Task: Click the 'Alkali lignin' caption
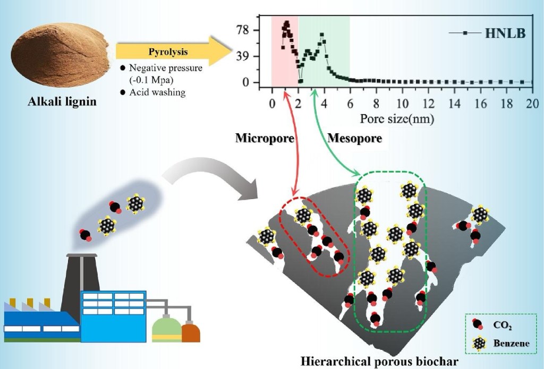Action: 62,100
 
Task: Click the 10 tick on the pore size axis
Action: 403,103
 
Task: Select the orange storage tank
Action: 191,332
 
